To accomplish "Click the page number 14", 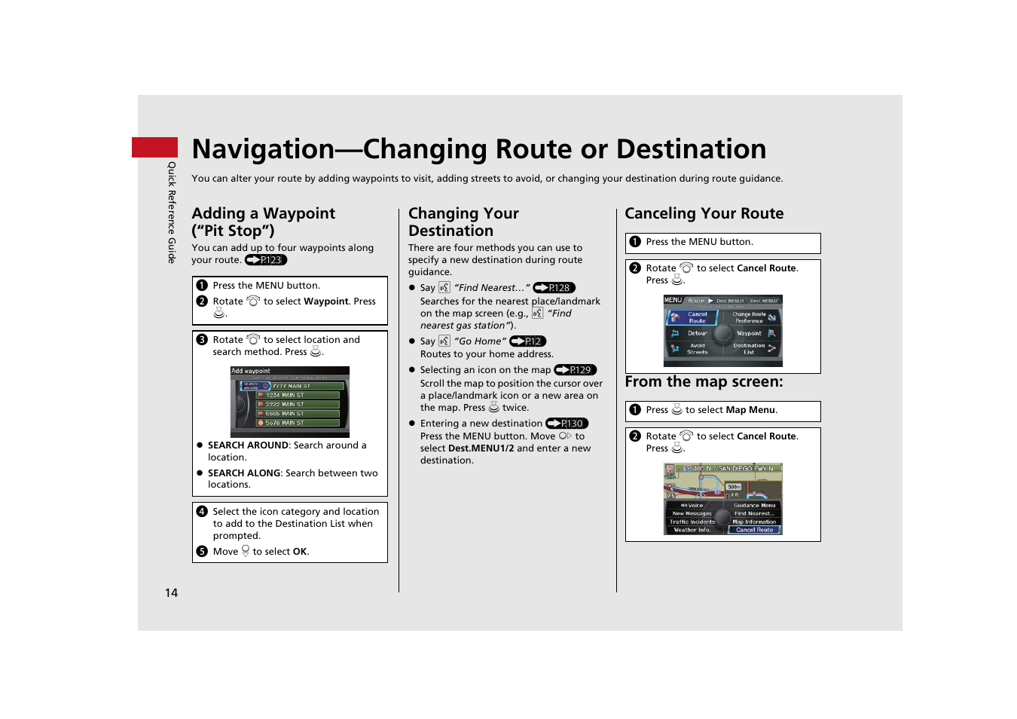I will pyautogui.click(x=172, y=593).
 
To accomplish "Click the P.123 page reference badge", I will pyautogui.click(x=266, y=260).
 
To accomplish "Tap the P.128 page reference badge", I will pyautogui.click(x=554, y=288).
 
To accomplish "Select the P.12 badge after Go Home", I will pyautogui.click(x=527, y=341).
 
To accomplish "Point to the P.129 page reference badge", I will pyautogui.click(x=575, y=370).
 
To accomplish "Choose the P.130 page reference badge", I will pyautogui.click(x=567, y=424).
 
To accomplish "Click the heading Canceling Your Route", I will pyautogui.click(x=704, y=213).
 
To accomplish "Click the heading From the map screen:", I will pyautogui.click(x=704, y=382).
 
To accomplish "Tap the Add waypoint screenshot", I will pyautogui.click(x=290, y=402).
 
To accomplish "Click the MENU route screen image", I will pyautogui.click(x=722, y=331).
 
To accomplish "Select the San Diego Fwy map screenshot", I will pyautogui.click(x=722, y=499).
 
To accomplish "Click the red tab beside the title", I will pyautogui.click(x=154, y=148).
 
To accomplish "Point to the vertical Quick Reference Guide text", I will pyautogui.click(x=172, y=213).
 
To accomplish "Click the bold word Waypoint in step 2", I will pyautogui.click(x=326, y=301).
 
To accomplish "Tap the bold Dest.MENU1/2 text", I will pyautogui.click(x=481, y=448).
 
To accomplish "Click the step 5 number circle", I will pyautogui.click(x=202, y=552).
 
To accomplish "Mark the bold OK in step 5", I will pyautogui.click(x=300, y=552).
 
